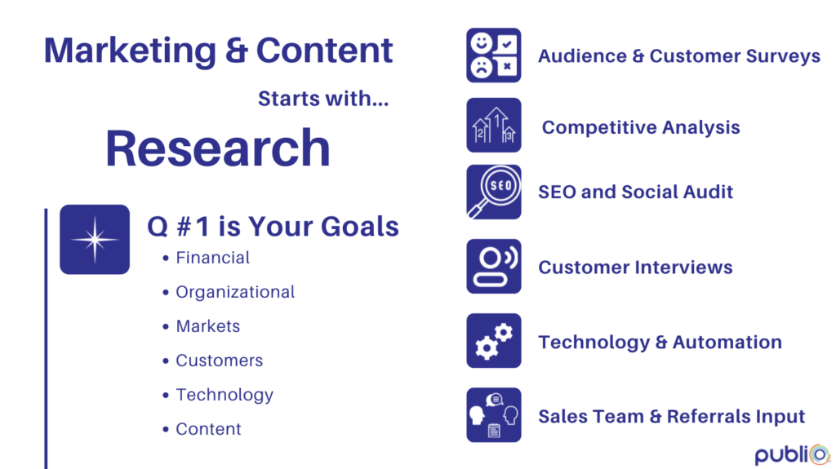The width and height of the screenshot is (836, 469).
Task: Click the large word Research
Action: point(218,148)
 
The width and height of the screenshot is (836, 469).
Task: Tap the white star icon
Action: point(95,239)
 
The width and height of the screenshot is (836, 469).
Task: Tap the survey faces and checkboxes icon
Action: point(494,55)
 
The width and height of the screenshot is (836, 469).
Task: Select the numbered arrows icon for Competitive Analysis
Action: point(494,126)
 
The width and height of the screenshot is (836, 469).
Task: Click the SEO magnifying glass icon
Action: point(494,192)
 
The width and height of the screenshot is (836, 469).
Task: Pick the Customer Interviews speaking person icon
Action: point(494,267)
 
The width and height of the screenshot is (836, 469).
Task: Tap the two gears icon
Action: point(494,341)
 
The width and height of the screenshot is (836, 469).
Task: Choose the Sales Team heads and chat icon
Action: point(494,415)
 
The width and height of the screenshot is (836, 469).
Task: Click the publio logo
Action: point(792,454)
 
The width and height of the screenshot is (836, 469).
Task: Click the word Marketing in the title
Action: point(130,51)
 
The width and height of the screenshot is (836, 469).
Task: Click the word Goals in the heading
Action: point(360,227)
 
